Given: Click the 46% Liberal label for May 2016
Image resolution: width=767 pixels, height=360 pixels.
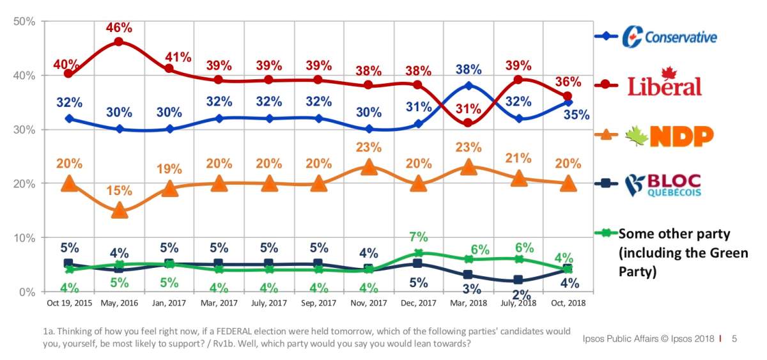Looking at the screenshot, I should pyautogui.click(x=119, y=27).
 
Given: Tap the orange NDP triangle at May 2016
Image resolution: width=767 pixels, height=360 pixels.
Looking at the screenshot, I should pyautogui.click(x=119, y=210).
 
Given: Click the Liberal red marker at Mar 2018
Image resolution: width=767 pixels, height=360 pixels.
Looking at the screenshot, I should pyautogui.click(x=469, y=123).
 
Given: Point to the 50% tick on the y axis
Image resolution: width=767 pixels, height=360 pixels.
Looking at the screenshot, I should pyautogui.click(x=24, y=21).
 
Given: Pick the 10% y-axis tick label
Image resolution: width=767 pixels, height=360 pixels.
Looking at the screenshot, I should pyautogui.click(x=24, y=238).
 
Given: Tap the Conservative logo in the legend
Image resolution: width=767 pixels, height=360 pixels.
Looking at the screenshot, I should pyautogui.click(x=670, y=36).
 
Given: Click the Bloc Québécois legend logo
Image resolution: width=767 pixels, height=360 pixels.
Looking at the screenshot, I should pyautogui.click(x=663, y=185).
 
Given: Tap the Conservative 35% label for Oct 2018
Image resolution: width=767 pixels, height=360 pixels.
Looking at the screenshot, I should pyautogui.click(x=577, y=115).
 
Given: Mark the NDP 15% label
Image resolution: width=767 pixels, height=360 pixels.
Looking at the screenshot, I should pyautogui.click(x=119, y=191).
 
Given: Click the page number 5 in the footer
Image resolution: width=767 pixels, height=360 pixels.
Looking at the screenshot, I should pyautogui.click(x=734, y=338).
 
